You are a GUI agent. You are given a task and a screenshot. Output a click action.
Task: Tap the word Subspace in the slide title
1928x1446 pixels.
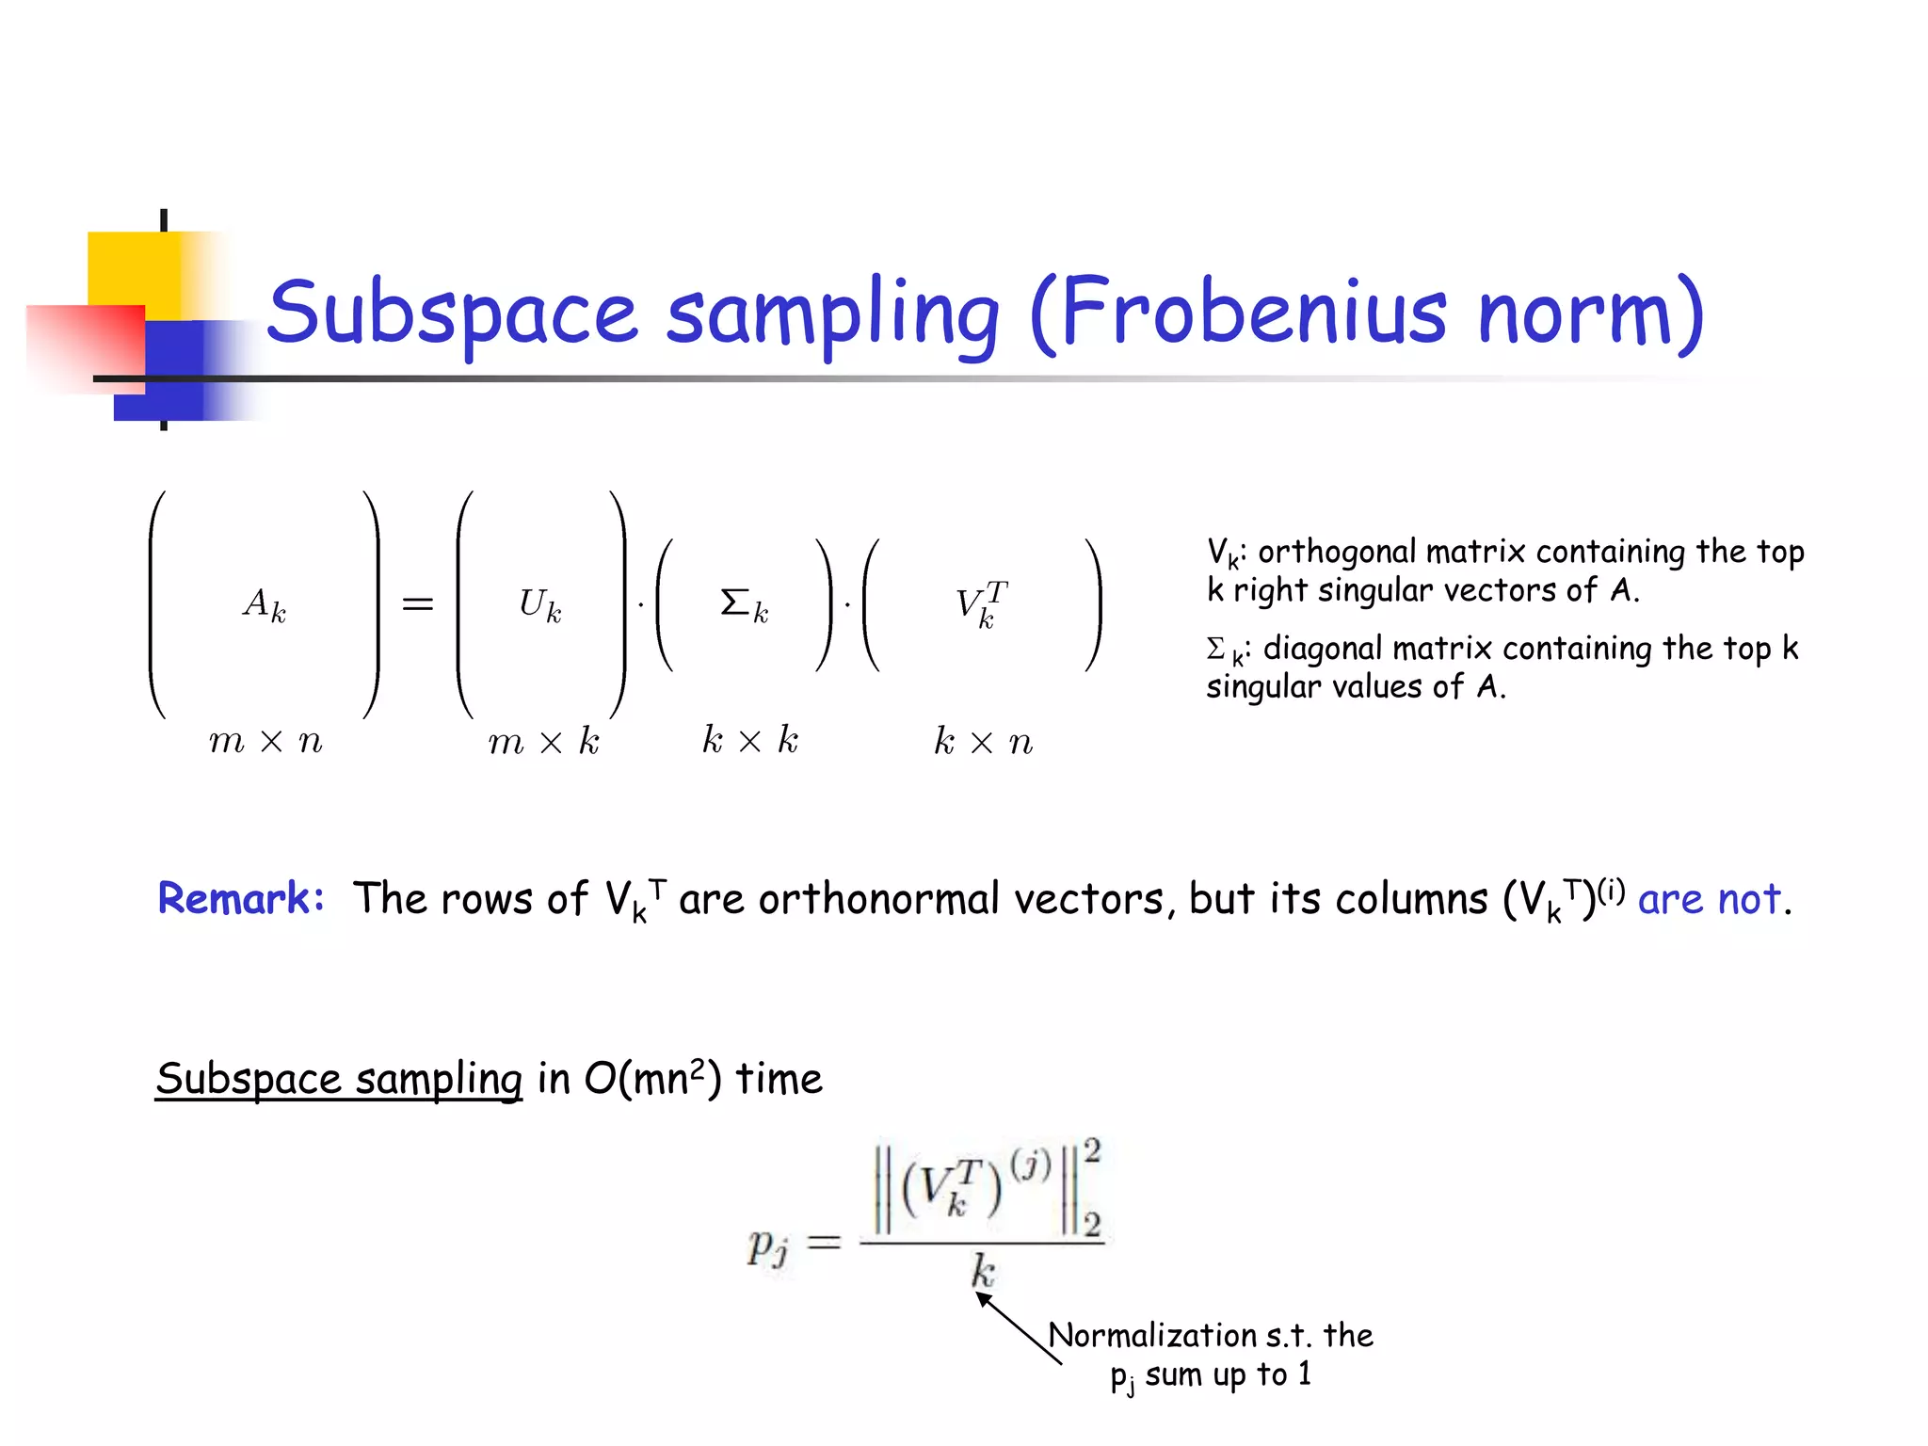click(x=452, y=313)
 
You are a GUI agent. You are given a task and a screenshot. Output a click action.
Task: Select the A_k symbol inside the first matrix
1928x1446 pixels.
click(x=265, y=604)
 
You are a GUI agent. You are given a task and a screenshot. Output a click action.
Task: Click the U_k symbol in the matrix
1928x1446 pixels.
click(x=540, y=604)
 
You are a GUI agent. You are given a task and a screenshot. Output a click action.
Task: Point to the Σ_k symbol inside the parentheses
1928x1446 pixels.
click(x=744, y=604)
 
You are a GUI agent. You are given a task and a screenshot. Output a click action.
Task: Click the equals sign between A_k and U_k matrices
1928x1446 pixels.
click(x=418, y=604)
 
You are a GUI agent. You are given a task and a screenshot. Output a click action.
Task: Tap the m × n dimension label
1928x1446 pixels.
click(x=265, y=742)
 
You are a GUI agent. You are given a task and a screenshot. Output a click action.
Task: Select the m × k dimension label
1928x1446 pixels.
click(x=543, y=742)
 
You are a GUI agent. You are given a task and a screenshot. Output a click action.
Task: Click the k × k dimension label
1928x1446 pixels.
click(x=750, y=741)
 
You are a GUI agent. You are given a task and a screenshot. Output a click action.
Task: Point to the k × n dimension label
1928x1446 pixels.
click(x=983, y=742)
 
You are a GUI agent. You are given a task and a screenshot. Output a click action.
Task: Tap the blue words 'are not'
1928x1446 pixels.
click(x=1710, y=899)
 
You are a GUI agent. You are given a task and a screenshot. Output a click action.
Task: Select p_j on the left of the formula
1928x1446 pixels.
click(x=767, y=1246)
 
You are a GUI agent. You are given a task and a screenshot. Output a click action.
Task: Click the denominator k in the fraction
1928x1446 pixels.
click(x=983, y=1271)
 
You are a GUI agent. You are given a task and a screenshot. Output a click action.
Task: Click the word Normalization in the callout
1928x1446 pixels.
click(x=1151, y=1335)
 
